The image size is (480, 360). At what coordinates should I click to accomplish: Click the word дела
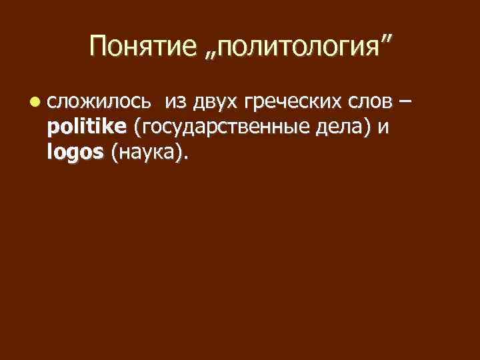pyautogui.click(x=341, y=129)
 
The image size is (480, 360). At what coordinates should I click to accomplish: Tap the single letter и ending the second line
pyautogui.click(x=382, y=129)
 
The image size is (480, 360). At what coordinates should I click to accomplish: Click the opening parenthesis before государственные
pyautogui.click(x=137, y=129)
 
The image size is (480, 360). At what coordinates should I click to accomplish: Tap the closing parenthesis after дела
pyautogui.click(x=367, y=129)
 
